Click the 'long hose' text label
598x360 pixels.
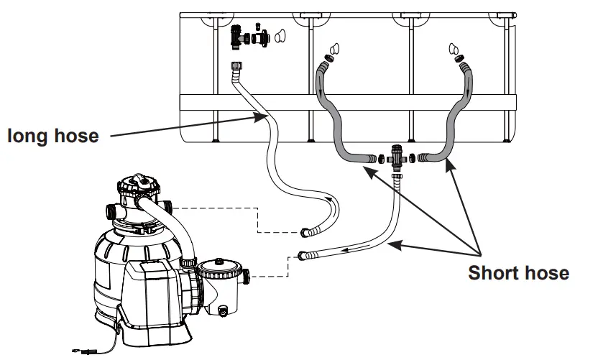53,135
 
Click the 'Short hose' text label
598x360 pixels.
518,274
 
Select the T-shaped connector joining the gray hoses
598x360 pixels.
395,159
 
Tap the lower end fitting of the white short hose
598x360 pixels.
305,254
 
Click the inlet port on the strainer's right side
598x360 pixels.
247,274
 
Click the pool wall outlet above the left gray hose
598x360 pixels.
332,50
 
